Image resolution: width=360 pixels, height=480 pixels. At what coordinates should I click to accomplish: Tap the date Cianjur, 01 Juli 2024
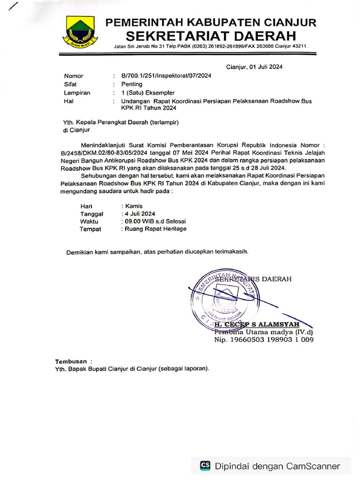pos(254,67)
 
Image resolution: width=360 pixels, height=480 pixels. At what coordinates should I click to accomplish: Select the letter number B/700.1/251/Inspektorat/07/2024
pos(166,76)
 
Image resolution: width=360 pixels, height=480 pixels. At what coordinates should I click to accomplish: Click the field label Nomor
pos(74,76)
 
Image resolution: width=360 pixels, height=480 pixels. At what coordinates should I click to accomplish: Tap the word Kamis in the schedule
pos(133,206)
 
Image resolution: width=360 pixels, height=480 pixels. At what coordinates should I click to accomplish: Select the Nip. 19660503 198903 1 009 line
pos(264,340)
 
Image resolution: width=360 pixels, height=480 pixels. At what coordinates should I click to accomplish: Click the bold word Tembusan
pos(71,361)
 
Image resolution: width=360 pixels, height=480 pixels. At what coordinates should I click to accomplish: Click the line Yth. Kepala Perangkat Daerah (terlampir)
pos(121,122)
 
